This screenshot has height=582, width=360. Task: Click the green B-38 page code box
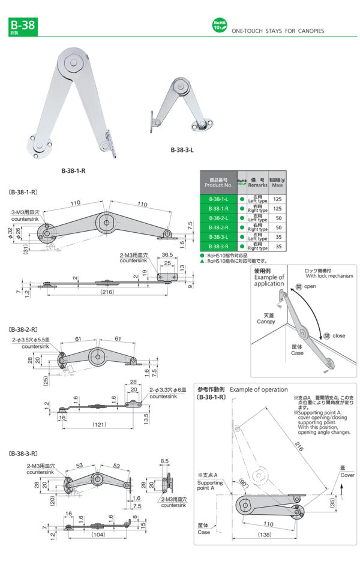point(23,26)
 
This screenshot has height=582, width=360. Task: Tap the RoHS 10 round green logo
point(219,25)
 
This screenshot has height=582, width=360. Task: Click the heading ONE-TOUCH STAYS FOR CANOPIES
point(277,31)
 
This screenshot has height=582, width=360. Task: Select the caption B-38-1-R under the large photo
point(74,170)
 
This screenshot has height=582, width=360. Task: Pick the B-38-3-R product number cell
point(218,246)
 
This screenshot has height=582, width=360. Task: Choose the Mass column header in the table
point(278,182)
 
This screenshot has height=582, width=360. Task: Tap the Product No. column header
point(218,182)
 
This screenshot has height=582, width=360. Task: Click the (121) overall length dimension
point(100,424)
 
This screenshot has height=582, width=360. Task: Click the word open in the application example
point(310,287)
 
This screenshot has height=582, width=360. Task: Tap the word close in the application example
point(338,335)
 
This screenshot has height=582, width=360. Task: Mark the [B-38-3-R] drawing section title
point(24,454)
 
